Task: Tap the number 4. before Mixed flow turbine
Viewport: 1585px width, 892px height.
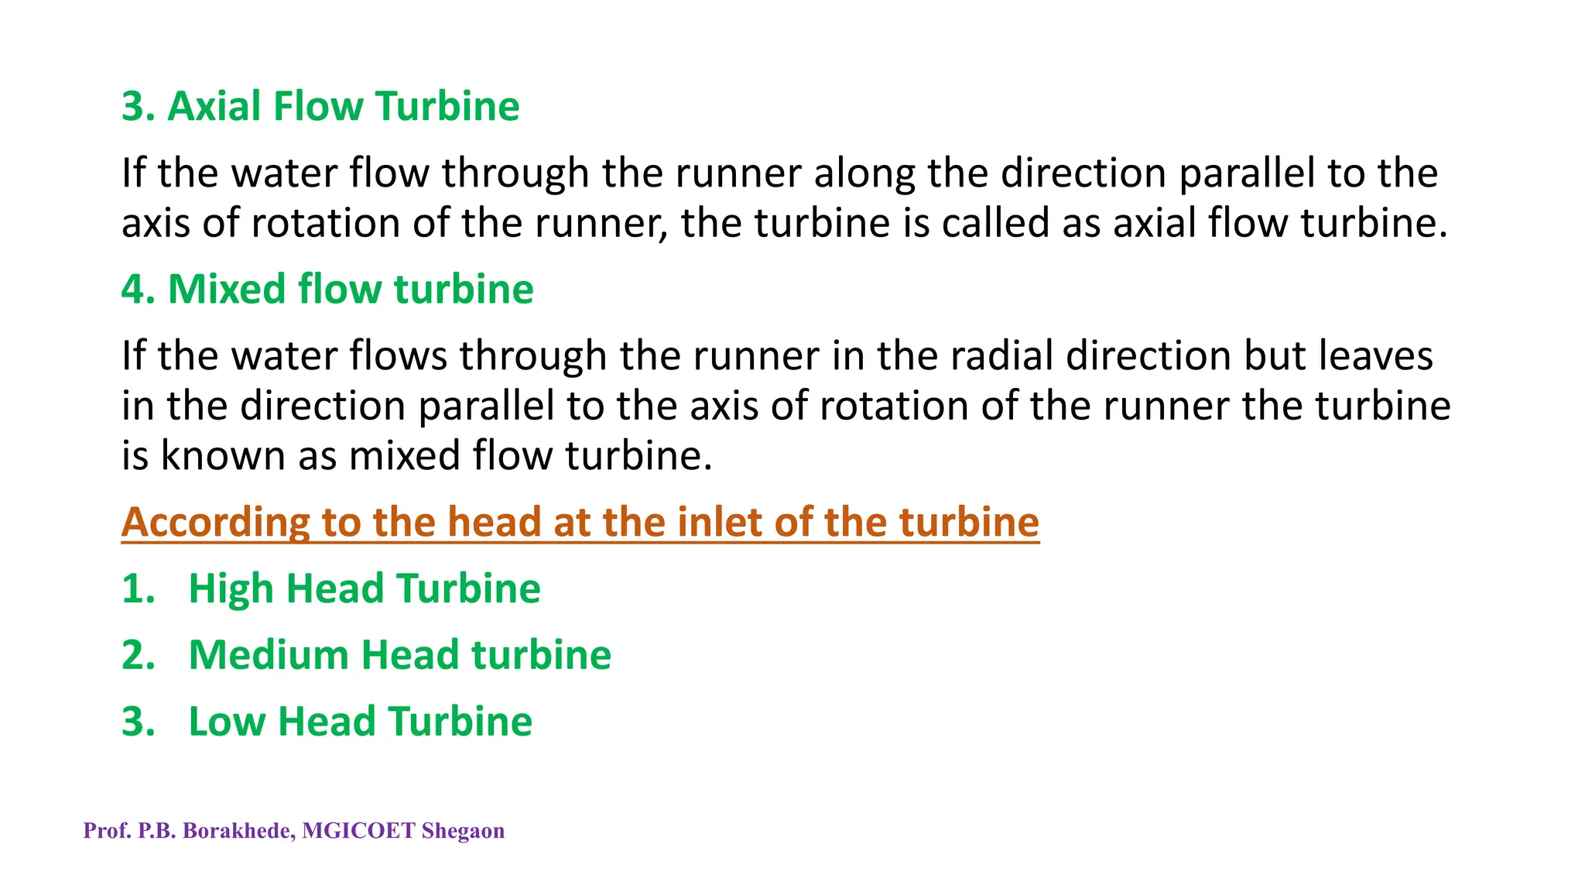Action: tap(139, 289)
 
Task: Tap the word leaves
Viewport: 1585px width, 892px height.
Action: tap(1375, 355)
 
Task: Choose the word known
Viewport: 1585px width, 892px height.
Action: tap(223, 455)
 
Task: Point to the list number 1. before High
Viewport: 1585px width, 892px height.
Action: tap(139, 588)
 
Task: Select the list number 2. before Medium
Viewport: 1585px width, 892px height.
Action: tap(139, 655)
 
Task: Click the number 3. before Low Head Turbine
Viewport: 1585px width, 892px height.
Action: tap(139, 722)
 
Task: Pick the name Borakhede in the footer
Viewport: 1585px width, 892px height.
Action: tap(238, 831)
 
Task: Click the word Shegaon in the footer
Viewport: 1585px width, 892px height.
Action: tap(463, 832)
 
